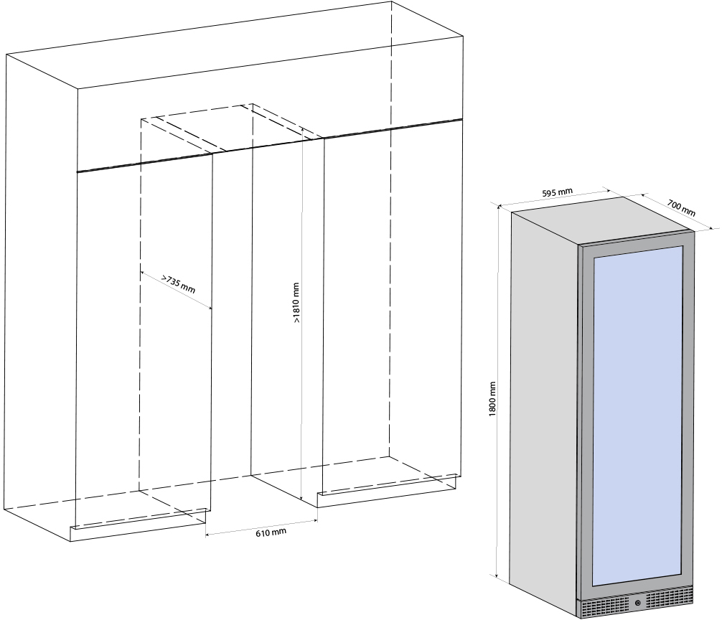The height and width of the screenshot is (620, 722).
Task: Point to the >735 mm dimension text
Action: point(178,284)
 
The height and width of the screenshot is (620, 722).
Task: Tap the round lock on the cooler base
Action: point(637,603)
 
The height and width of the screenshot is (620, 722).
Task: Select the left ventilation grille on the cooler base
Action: point(604,607)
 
